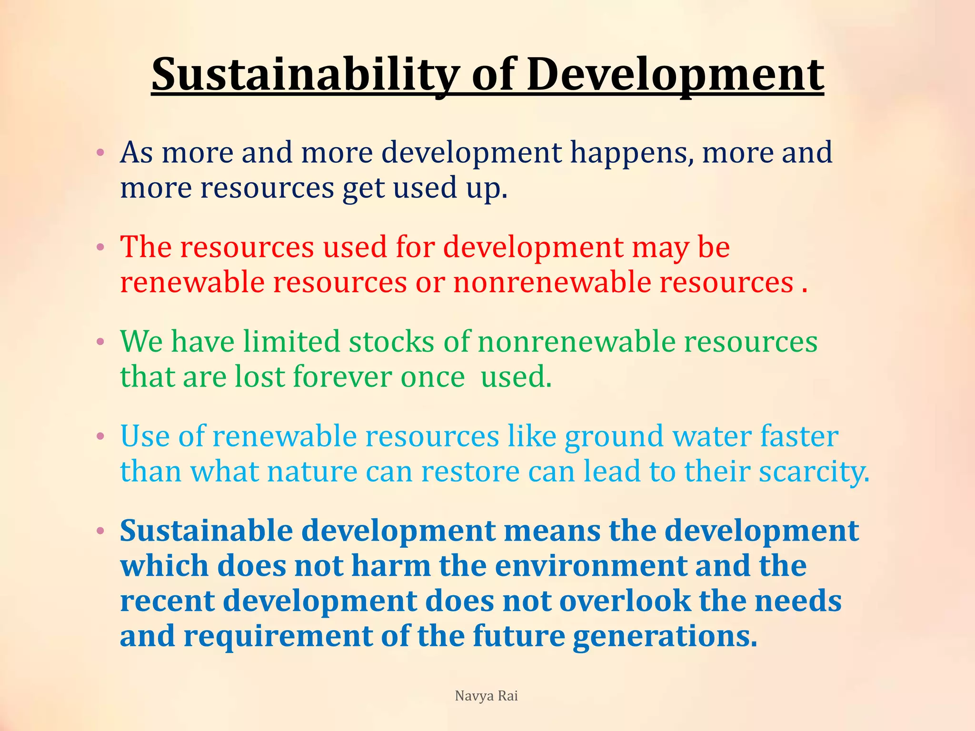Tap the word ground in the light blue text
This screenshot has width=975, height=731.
pos(614,437)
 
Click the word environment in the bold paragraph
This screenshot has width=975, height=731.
pos(590,566)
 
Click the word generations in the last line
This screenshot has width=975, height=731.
pos(665,637)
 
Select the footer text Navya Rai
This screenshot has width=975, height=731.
pos(486,696)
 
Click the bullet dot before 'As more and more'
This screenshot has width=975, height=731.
pos(100,153)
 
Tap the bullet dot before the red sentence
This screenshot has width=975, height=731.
pos(100,247)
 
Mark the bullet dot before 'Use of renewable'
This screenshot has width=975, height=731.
pos(100,436)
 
